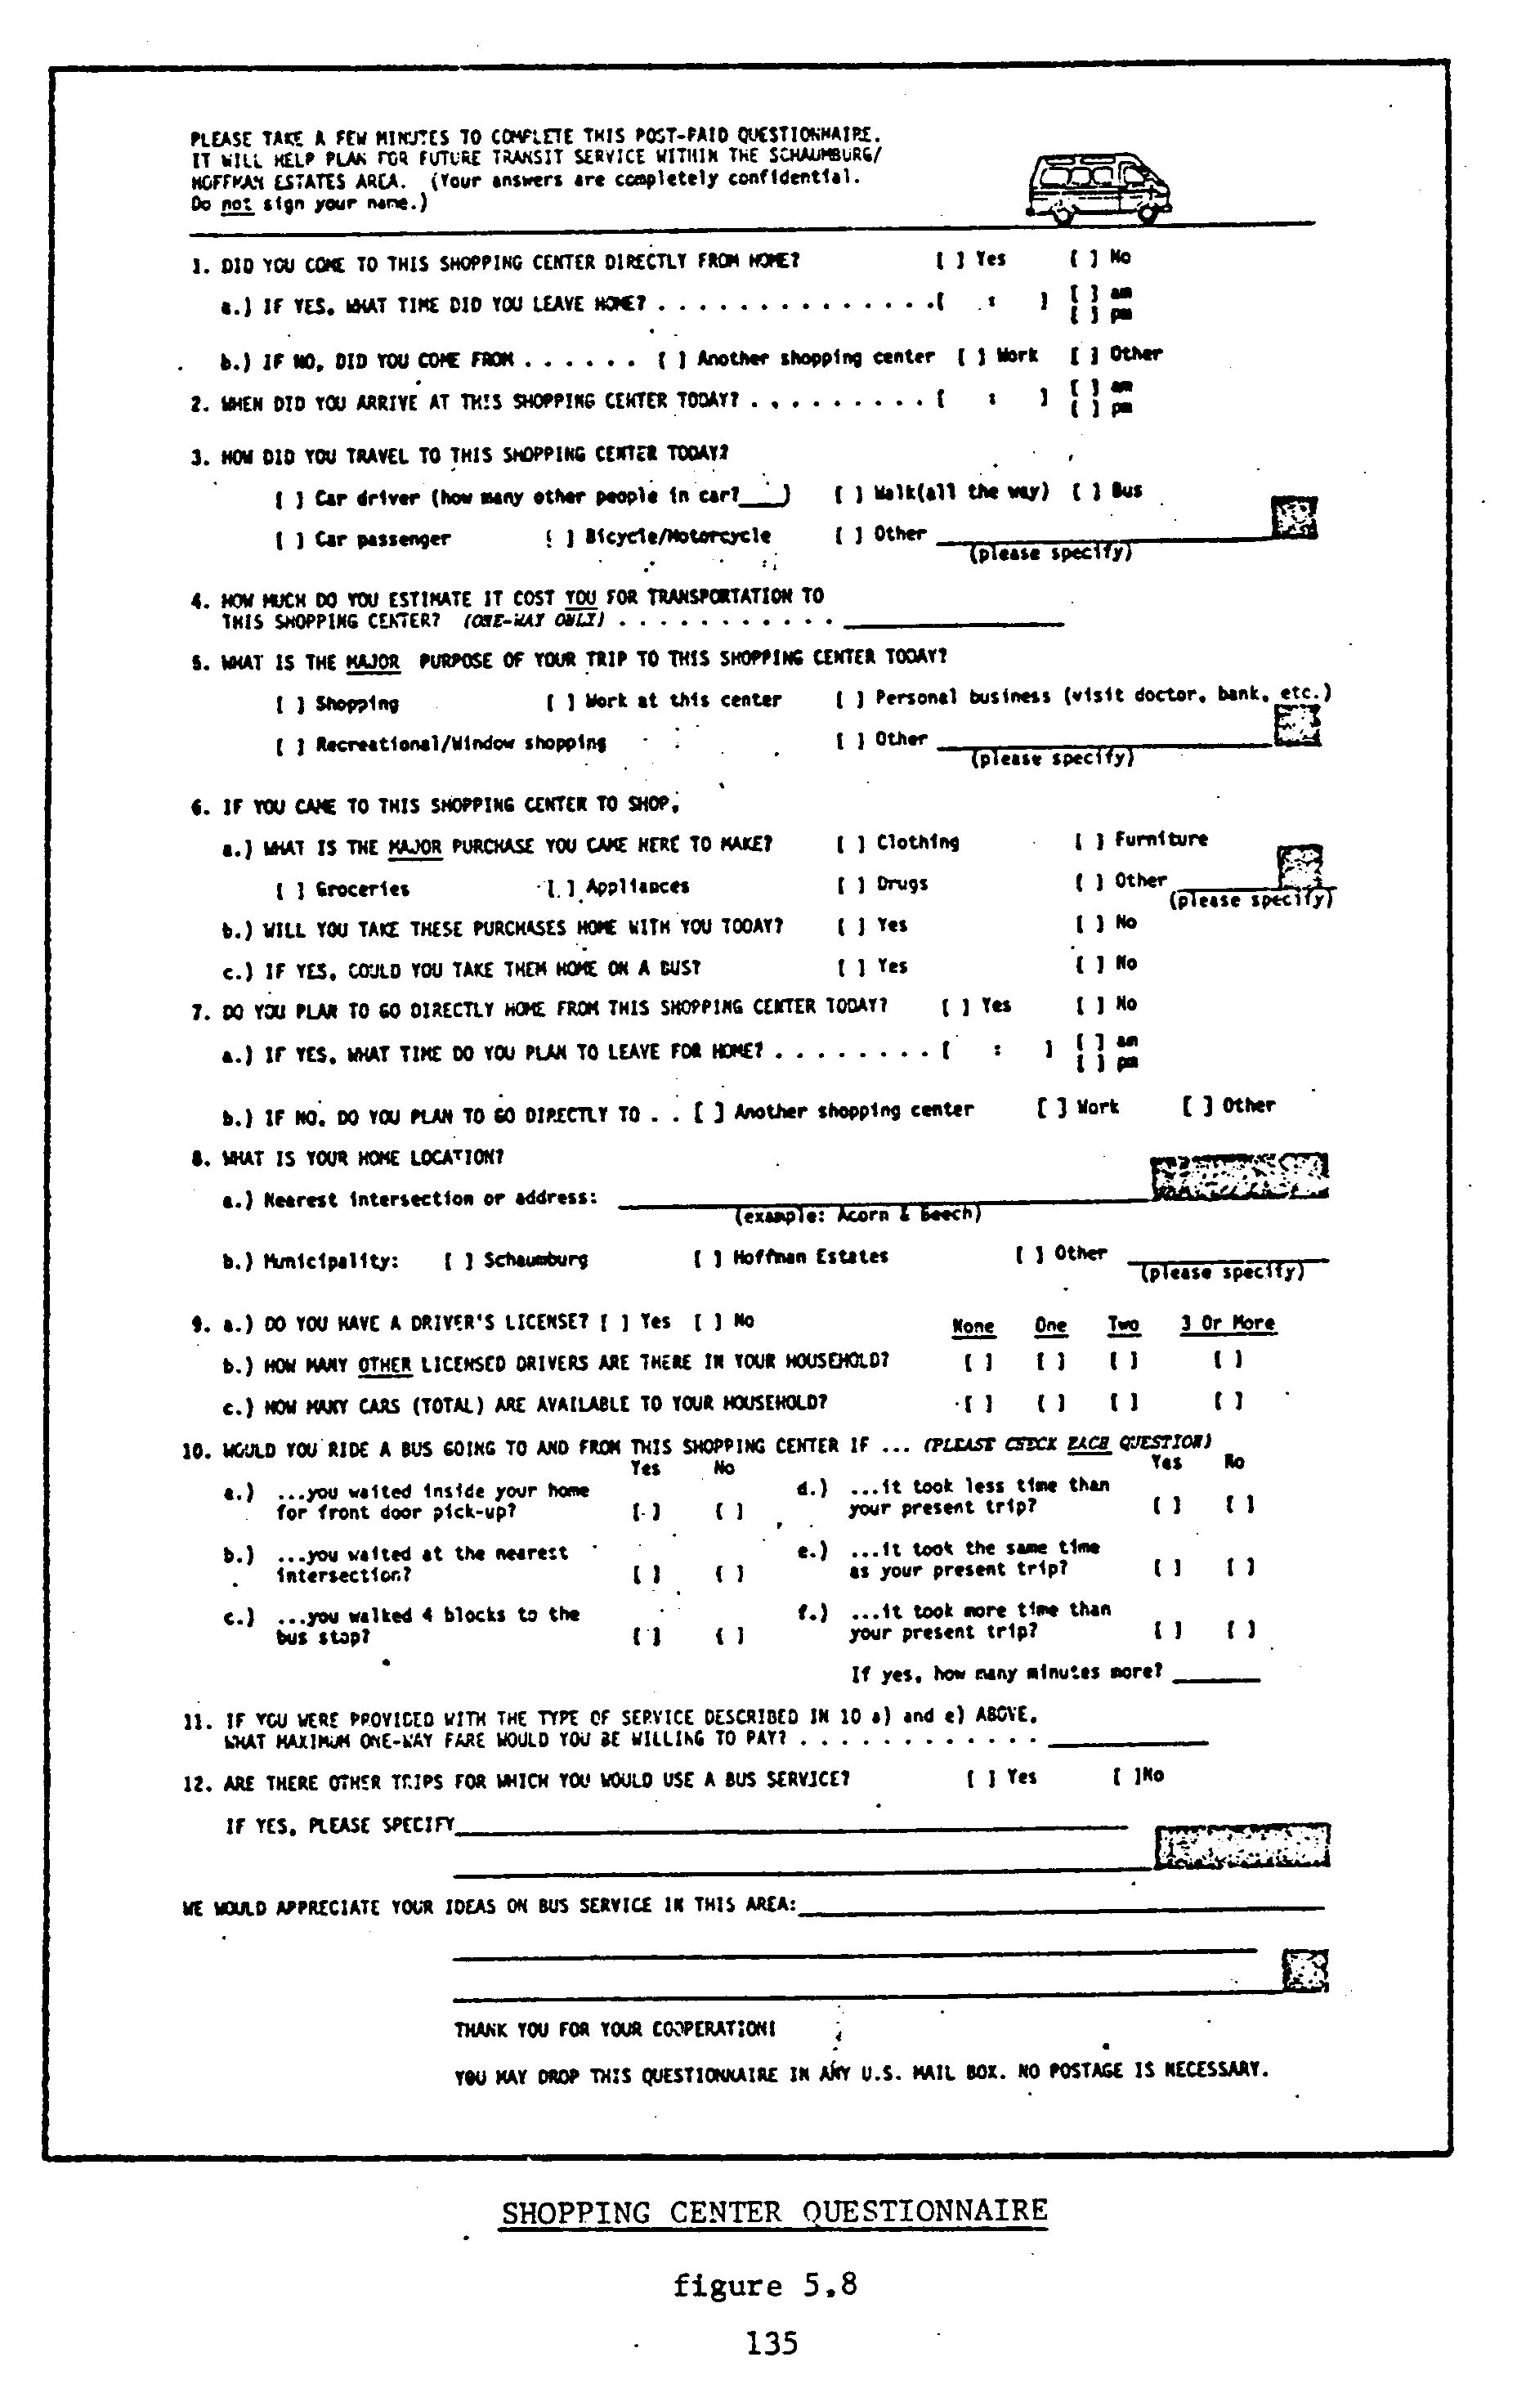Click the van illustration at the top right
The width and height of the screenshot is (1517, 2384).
pyautogui.click(x=1099, y=187)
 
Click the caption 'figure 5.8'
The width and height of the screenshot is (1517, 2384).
pyautogui.click(x=765, y=2284)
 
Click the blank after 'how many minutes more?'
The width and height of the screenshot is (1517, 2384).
pyautogui.click(x=1221, y=1675)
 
